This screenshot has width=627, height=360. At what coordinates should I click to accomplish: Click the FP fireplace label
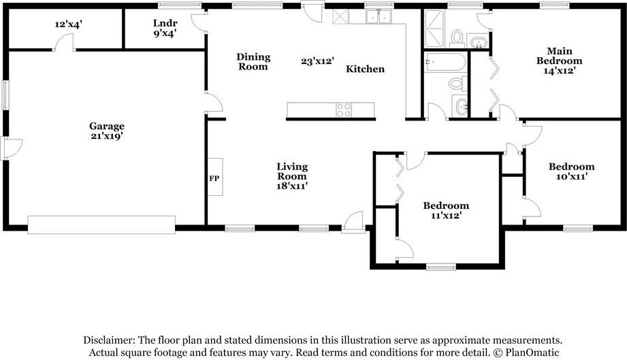click(214, 178)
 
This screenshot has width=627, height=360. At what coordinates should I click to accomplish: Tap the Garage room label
click(106, 127)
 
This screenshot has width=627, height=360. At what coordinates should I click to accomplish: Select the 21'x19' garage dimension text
click(106, 136)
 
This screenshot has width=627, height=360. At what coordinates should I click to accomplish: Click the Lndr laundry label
click(165, 23)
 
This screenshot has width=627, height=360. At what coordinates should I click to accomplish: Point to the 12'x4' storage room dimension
click(68, 24)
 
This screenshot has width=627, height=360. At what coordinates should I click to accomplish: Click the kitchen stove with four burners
click(344, 110)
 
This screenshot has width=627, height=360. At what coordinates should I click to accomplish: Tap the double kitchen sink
click(379, 17)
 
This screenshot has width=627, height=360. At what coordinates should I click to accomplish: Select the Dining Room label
click(253, 61)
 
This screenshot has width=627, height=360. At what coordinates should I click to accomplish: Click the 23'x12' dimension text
click(317, 61)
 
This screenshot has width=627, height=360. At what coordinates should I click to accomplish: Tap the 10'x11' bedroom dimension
click(571, 176)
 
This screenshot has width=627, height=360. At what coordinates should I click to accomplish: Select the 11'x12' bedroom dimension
click(447, 215)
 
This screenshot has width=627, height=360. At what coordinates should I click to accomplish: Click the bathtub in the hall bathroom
click(445, 63)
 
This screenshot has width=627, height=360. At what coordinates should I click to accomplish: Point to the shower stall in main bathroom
click(434, 29)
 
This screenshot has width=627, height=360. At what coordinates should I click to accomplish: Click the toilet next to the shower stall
click(457, 37)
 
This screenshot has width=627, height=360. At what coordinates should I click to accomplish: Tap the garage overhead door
click(101, 225)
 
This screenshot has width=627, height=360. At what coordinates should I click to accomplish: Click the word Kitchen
click(365, 69)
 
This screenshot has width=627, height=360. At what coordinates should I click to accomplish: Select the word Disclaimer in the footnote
click(109, 340)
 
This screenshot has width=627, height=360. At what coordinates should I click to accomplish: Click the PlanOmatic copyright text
click(527, 353)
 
